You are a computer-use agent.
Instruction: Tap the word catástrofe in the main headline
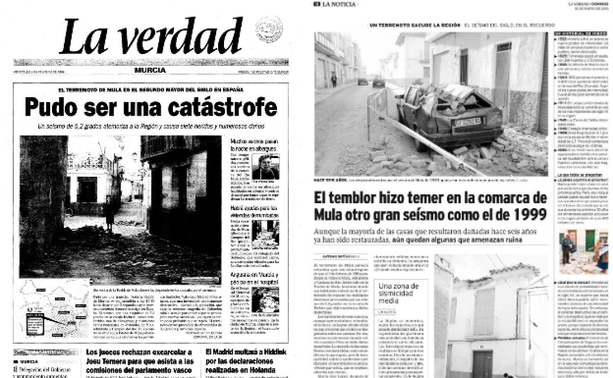pyautogui.click(x=221, y=107)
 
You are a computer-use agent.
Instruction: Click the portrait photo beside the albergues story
pyautogui.click(x=266, y=167)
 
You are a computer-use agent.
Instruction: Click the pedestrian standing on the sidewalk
pyautogui.click(x=334, y=80)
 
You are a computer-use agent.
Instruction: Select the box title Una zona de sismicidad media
pyautogui.click(x=399, y=293)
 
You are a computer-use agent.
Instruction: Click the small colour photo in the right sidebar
pyautogui.click(x=583, y=251)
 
